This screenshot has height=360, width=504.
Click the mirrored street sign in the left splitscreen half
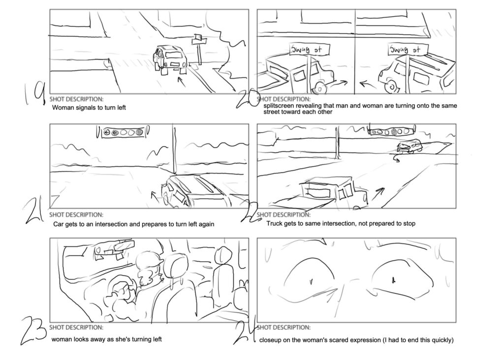(x=309, y=50)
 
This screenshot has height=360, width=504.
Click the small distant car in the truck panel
(x=409, y=147)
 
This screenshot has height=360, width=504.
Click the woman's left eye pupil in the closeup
(x=311, y=281)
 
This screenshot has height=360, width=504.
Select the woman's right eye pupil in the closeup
(x=393, y=281)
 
